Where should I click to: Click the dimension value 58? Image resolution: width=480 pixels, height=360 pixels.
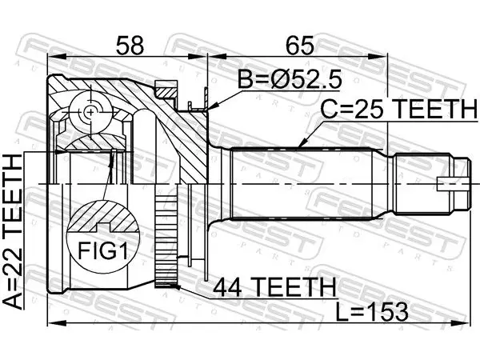click(x=130, y=46)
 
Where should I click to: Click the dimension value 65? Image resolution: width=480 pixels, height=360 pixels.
click(x=300, y=46)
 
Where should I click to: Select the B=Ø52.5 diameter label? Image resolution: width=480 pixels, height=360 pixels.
click(x=290, y=78)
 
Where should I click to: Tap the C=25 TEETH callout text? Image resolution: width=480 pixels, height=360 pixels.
click(x=398, y=109)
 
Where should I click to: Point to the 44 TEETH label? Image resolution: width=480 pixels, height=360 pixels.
click(x=274, y=287)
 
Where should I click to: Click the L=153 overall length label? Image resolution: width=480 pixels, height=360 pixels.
click(x=372, y=312)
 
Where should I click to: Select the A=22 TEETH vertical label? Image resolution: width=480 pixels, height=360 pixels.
click(x=13, y=232)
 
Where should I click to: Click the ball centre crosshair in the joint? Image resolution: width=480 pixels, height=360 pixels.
click(x=90, y=112)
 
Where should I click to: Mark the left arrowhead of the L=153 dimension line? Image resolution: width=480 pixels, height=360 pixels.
click(x=58, y=322)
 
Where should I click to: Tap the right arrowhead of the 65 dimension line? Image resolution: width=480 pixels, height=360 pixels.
click(x=378, y=57)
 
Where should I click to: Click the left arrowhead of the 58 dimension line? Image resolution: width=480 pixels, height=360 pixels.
click(x=58, y=57)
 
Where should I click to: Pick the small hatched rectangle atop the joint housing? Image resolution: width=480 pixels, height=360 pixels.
click(x=166, y=93)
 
